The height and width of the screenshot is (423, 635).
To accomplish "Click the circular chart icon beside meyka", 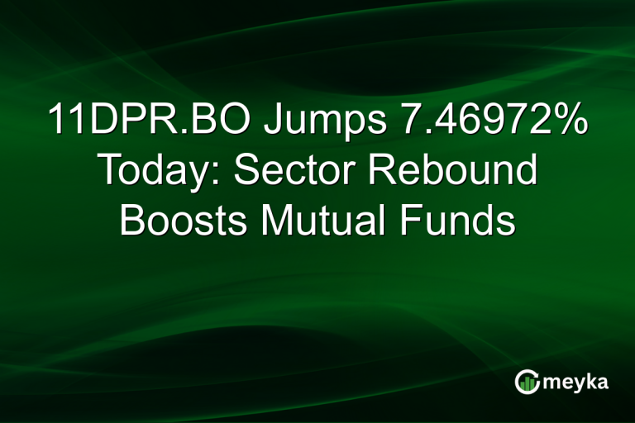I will (528, 381).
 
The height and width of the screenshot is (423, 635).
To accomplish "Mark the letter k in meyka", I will (592, 381).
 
